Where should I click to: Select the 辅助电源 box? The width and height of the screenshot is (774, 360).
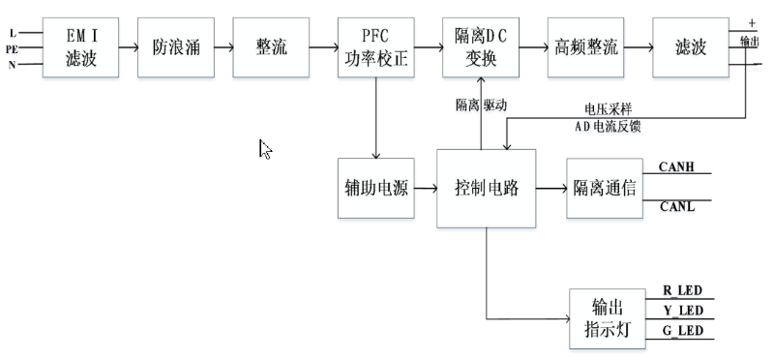click(374, 189)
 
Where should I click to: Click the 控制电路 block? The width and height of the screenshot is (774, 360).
click(487, 189)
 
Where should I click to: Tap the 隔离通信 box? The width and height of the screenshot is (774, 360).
click(605, 189)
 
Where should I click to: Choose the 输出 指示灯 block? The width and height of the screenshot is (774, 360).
click(605, 318)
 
